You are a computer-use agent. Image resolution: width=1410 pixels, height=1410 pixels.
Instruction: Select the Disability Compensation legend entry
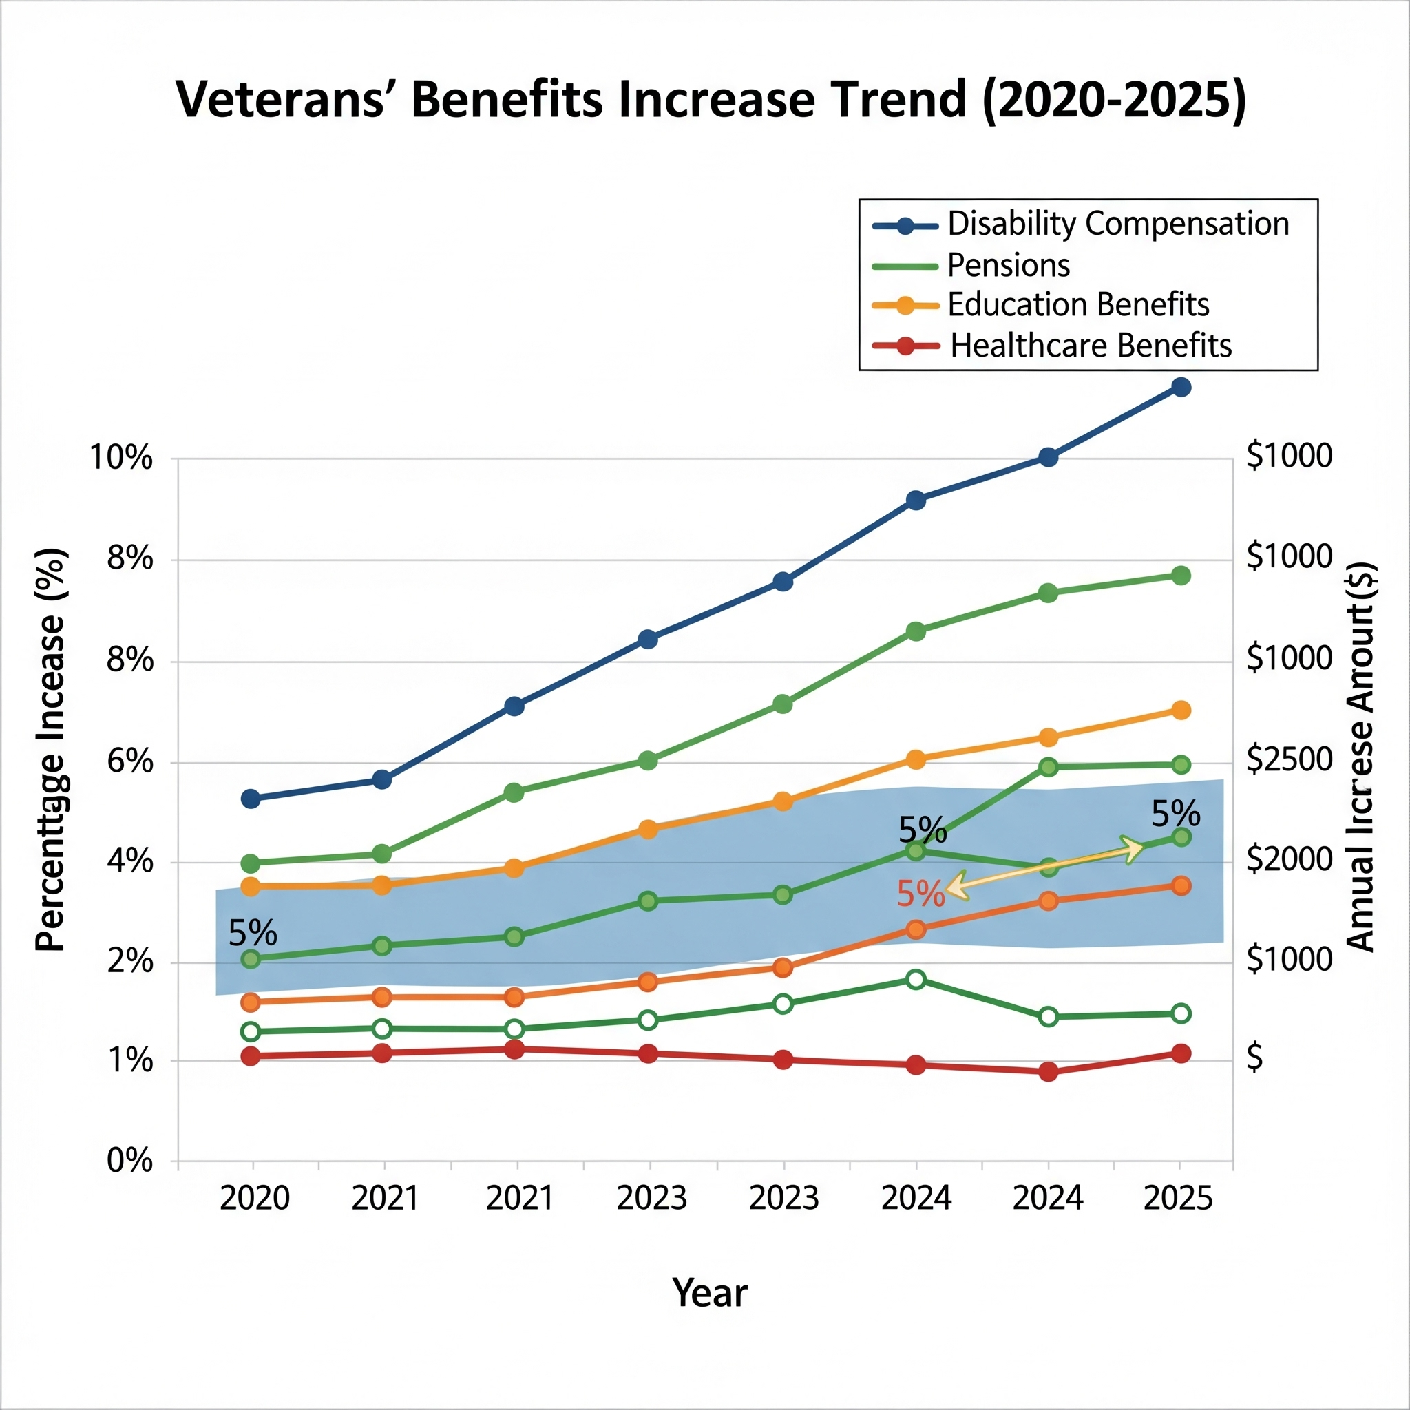[x=1117, y=224]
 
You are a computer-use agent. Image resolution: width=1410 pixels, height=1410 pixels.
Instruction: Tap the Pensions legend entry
[x=1008, y=265]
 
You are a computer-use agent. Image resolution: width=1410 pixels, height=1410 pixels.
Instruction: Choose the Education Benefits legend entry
[x=1077, y=305]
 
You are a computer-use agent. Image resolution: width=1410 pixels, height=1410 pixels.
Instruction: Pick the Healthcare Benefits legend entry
[x=1091, y=346]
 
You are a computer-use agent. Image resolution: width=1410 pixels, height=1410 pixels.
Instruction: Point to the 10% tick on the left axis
[x=121, y=459]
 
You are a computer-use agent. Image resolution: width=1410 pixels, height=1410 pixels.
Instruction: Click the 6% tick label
[x=130, y=762]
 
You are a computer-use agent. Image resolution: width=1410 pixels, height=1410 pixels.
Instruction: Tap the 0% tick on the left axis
[x=130, y=1160]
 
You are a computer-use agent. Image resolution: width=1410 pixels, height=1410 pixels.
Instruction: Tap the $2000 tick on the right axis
[x=1289, y=860]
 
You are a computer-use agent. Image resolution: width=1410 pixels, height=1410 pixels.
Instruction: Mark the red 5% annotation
[x=920, y=894]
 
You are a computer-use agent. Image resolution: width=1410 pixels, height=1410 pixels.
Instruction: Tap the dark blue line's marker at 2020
[x=251, y=799]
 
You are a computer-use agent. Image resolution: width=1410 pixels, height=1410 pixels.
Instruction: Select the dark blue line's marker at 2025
[x=1181, y=387]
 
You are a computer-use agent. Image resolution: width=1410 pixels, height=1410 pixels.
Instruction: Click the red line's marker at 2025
[x=1181, y=1053]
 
